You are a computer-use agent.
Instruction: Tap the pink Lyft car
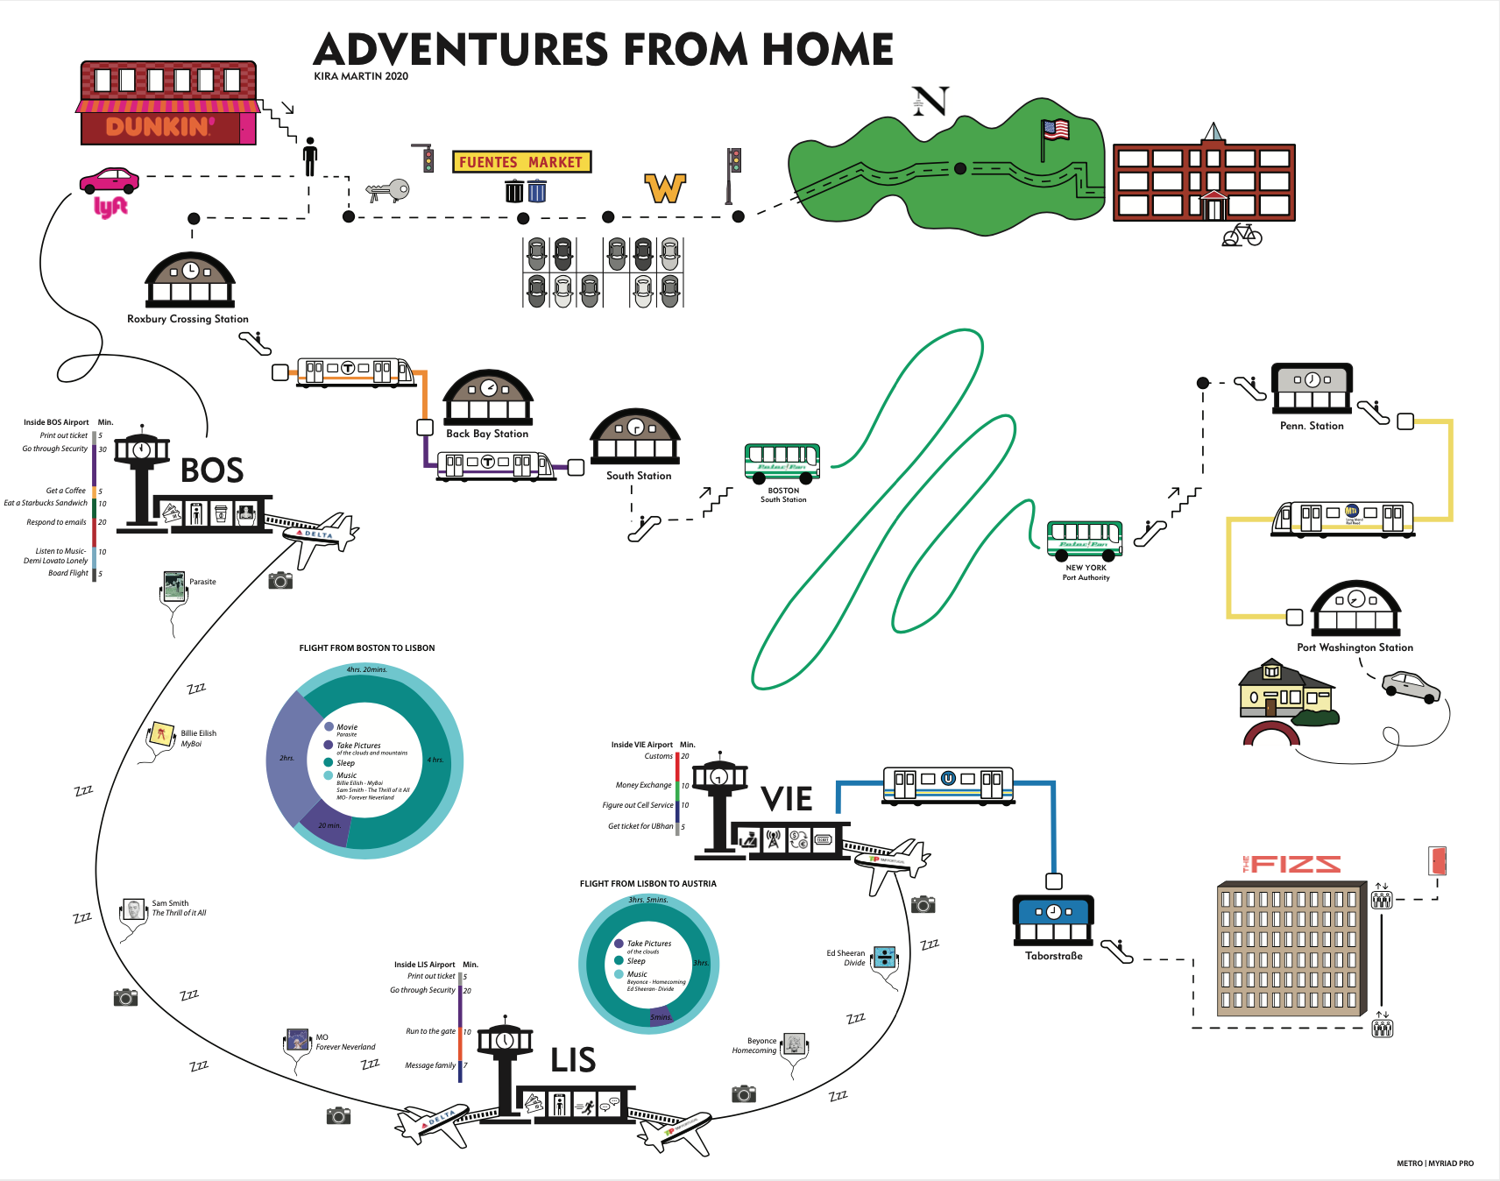[110, 180]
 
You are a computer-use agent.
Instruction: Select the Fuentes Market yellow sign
[521, 162]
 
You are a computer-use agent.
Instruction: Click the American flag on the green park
[1056, 131]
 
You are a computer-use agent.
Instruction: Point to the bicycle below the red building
[1242, 235]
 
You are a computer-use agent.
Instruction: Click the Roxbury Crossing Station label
[187, 319]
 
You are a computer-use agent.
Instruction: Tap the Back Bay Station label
[487, 434]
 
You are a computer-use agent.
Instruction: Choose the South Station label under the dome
[639, 476]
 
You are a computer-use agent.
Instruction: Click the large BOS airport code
[212, 470]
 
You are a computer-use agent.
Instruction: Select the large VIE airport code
[787, 799]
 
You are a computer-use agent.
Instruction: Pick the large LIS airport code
[573, 1060]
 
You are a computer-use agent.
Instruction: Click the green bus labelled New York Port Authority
[1085, 539]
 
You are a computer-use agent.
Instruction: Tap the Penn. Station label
[1312, 426]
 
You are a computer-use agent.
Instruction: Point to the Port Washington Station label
[1355, 647]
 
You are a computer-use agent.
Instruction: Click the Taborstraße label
[1054, 956]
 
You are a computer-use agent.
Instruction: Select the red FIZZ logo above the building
[1292, 865]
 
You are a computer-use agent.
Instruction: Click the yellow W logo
[665, 187]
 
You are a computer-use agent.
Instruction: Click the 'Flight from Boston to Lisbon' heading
[367, 648]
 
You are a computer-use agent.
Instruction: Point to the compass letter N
[930, 102]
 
